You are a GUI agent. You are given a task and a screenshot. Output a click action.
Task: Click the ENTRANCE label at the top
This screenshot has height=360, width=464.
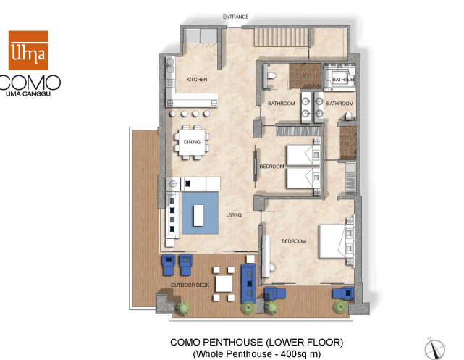[235, 17]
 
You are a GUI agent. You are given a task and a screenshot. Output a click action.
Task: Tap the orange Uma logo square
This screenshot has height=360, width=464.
[28, 50]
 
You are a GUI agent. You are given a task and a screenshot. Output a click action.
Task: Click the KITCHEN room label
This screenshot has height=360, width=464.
[197, 80]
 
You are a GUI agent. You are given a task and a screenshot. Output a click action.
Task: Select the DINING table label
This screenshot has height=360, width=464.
[192, 142]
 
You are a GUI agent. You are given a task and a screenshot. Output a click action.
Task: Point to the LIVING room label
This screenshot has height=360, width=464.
[234, 214]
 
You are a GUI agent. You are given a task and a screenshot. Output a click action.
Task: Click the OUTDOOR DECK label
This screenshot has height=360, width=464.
[190, 285]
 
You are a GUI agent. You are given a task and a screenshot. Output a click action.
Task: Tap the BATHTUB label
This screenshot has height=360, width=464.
[343, 80]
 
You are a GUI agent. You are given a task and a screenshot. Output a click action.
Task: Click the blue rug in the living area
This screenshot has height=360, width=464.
[200, 213]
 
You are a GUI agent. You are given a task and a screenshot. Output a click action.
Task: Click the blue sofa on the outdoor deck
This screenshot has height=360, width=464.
[248, 283]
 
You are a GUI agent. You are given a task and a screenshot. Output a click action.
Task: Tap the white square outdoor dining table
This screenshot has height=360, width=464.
[224, 284]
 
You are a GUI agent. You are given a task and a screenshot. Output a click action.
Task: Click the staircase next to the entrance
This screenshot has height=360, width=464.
[281, 37]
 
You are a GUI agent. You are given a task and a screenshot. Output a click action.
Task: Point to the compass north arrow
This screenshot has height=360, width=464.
[434, 348]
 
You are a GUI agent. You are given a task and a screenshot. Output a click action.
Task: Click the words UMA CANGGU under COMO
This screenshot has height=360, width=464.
[28, 94]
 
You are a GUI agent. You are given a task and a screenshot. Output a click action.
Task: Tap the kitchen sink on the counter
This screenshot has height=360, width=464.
[170, 66]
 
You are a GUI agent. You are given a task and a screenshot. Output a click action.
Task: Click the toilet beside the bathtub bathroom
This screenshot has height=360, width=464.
[349, 115]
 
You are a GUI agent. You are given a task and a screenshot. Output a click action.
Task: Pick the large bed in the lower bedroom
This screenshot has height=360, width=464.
[336, 242]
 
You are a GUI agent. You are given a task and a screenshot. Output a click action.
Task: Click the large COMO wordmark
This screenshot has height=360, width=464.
[30, 83]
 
